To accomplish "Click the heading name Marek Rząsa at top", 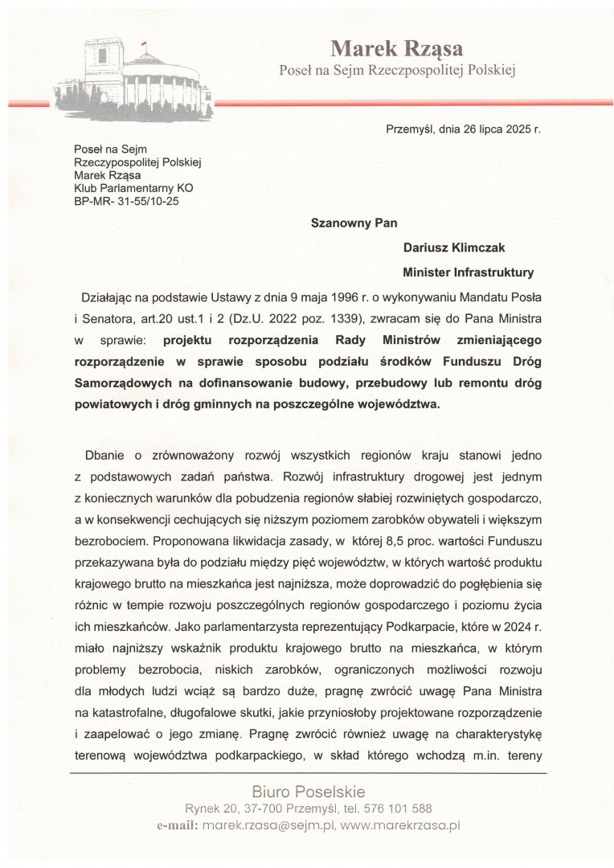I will (x=396, y=49).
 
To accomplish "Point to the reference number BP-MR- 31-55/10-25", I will (x=126, y=201).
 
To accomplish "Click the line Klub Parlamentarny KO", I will (x=133, y=188).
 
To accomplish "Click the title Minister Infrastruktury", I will (x=469, y=272).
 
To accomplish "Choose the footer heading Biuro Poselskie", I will (x=308, y=791).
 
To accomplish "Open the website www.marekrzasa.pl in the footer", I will (x=399, y=825).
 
